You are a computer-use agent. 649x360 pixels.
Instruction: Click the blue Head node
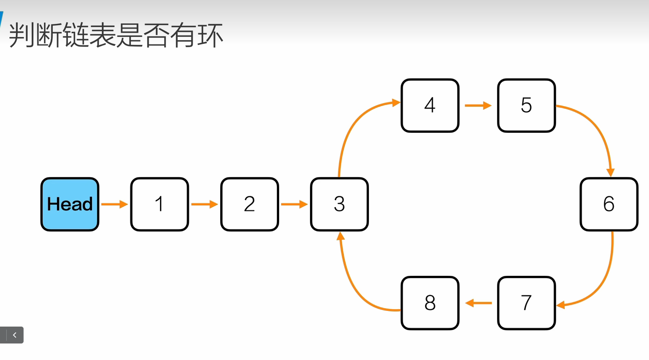click(x=70, y=204)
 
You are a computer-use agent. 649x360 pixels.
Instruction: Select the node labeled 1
click(x=159, y=204)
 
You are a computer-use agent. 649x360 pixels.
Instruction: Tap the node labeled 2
click(x=250, y=204)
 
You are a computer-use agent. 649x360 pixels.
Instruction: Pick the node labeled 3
click(x=339, y=204)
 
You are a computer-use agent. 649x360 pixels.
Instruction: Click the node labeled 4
click(x=430, y=105)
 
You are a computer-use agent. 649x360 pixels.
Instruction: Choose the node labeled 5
click(x=526, y=105)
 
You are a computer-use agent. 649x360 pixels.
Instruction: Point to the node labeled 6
click(x=609, y=204)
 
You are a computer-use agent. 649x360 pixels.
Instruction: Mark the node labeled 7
click(x=526, y=303)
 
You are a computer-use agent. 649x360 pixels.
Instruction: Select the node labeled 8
click(x=430, y=303)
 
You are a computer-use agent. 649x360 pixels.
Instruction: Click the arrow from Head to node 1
click(x=114, y=204)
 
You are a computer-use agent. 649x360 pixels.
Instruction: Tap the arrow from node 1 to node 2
click(x=204, y=204)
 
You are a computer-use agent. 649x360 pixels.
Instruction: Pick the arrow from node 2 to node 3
click(x=294, y=204)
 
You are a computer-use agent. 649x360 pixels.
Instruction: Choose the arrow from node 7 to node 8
click(x=478, y=303)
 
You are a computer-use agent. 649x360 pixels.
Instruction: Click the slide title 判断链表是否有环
click(x=116, y=36)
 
